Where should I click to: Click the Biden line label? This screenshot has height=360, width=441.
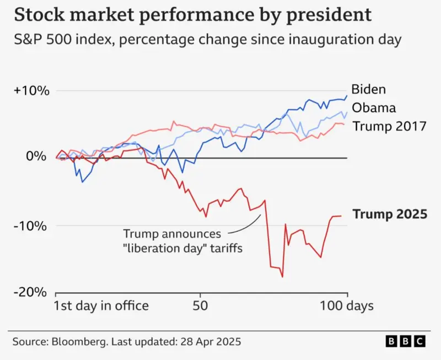click(x=369, y=89)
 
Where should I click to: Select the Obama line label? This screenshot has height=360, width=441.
click(x=374, y=108)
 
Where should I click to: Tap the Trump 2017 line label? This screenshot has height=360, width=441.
click(x=389, y=126)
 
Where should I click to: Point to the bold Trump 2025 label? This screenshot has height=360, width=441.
click(x=389, y=214)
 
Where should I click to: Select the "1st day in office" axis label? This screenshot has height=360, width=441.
click(x=101, y=305)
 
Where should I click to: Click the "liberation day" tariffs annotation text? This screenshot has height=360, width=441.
click(x=182, y=247)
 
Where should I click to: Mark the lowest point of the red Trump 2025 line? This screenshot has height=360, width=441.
click(x=283, y=277)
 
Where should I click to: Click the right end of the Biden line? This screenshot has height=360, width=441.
click(x=347, y=95)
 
